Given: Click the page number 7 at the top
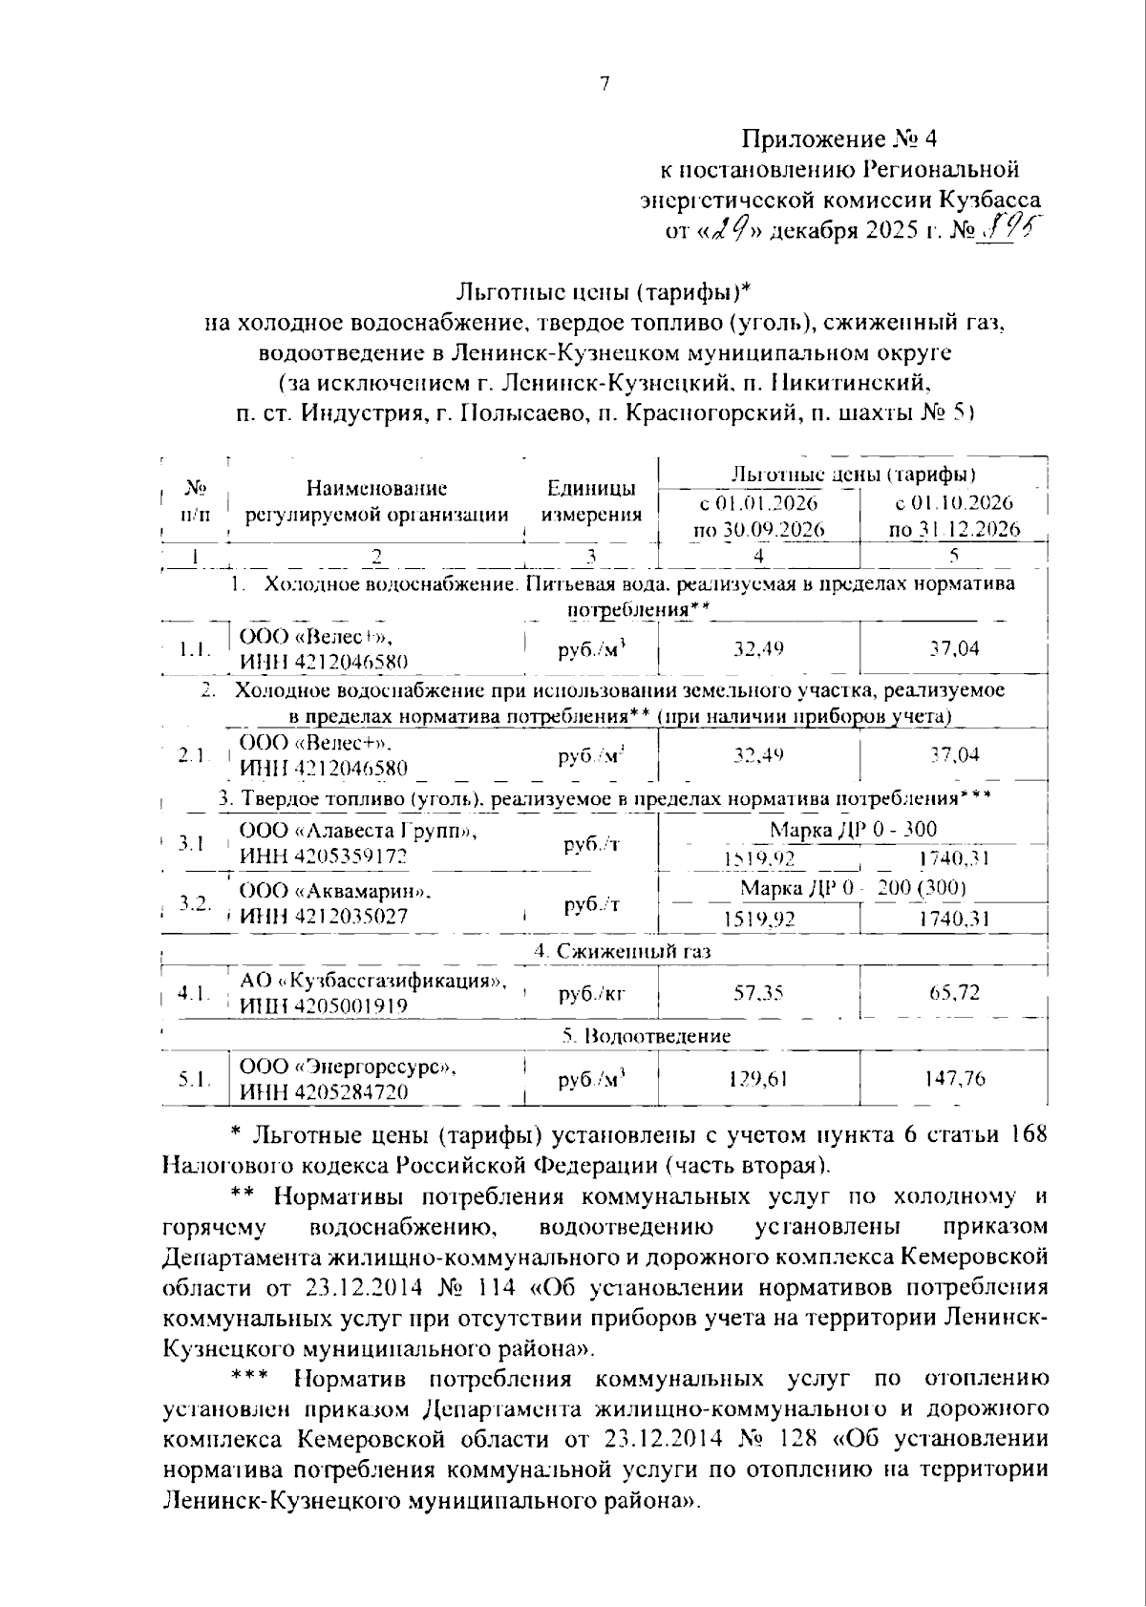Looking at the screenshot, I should [604, 84].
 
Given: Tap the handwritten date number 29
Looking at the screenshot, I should [733, 229].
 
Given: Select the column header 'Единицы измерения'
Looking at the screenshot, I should [591, 502].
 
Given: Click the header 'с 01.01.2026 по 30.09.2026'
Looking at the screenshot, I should [759, 516].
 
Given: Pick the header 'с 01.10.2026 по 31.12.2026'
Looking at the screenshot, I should [953, 516].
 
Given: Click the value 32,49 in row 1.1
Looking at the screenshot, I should [758, 649].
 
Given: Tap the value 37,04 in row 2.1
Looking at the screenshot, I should [954, 754].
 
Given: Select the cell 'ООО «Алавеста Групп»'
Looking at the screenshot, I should [358, 831].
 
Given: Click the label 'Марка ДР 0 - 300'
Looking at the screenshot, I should [853, 829].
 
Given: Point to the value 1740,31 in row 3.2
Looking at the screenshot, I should [954, 919].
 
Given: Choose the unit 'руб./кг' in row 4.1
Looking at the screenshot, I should [591, 993].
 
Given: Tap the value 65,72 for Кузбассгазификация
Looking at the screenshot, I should [954, 993].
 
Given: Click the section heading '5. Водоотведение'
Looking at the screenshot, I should [646, 1036].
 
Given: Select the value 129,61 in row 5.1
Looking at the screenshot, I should [758, 1079].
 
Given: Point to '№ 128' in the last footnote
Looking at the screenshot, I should [784, 1439].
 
